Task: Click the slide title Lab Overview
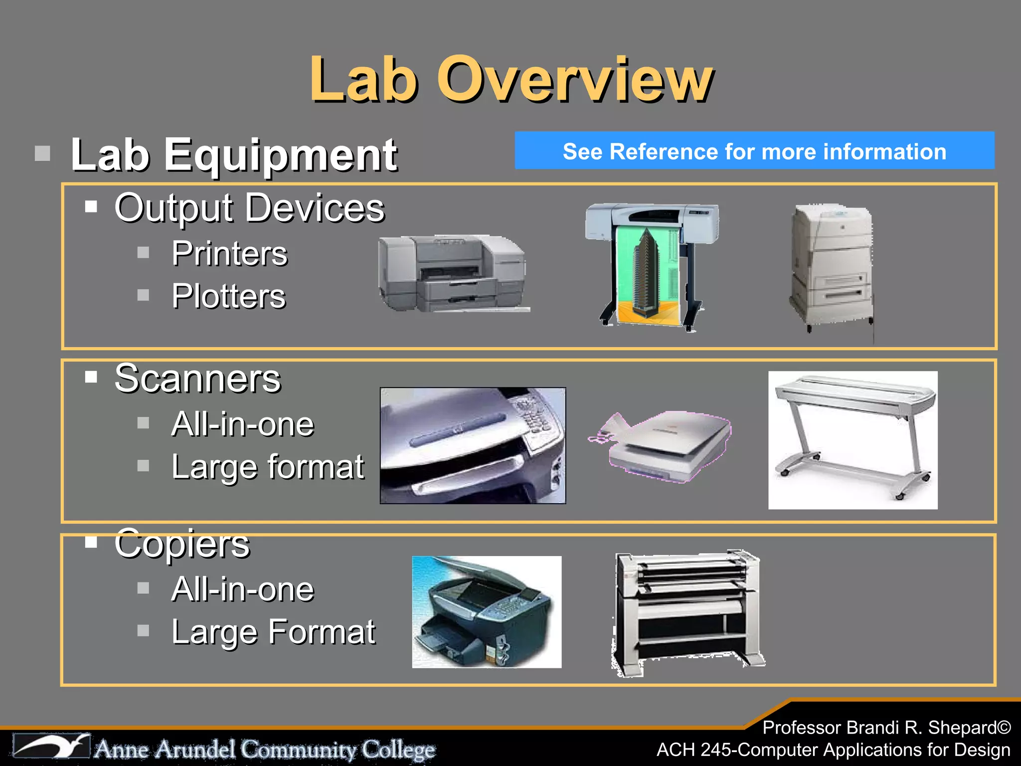[511, 80]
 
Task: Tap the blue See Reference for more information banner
[754, 151]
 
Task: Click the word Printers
[229, 253]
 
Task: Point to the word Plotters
[228, 296]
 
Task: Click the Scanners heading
[197, 379]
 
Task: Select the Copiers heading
[182, 544]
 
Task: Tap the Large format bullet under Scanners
[268, 467]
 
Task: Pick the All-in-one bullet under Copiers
[242, 589]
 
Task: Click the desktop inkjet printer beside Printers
[452, 273]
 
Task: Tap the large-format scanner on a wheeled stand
[852, 439]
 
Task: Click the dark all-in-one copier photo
[487, 612]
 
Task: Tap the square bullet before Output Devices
[91, 207]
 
